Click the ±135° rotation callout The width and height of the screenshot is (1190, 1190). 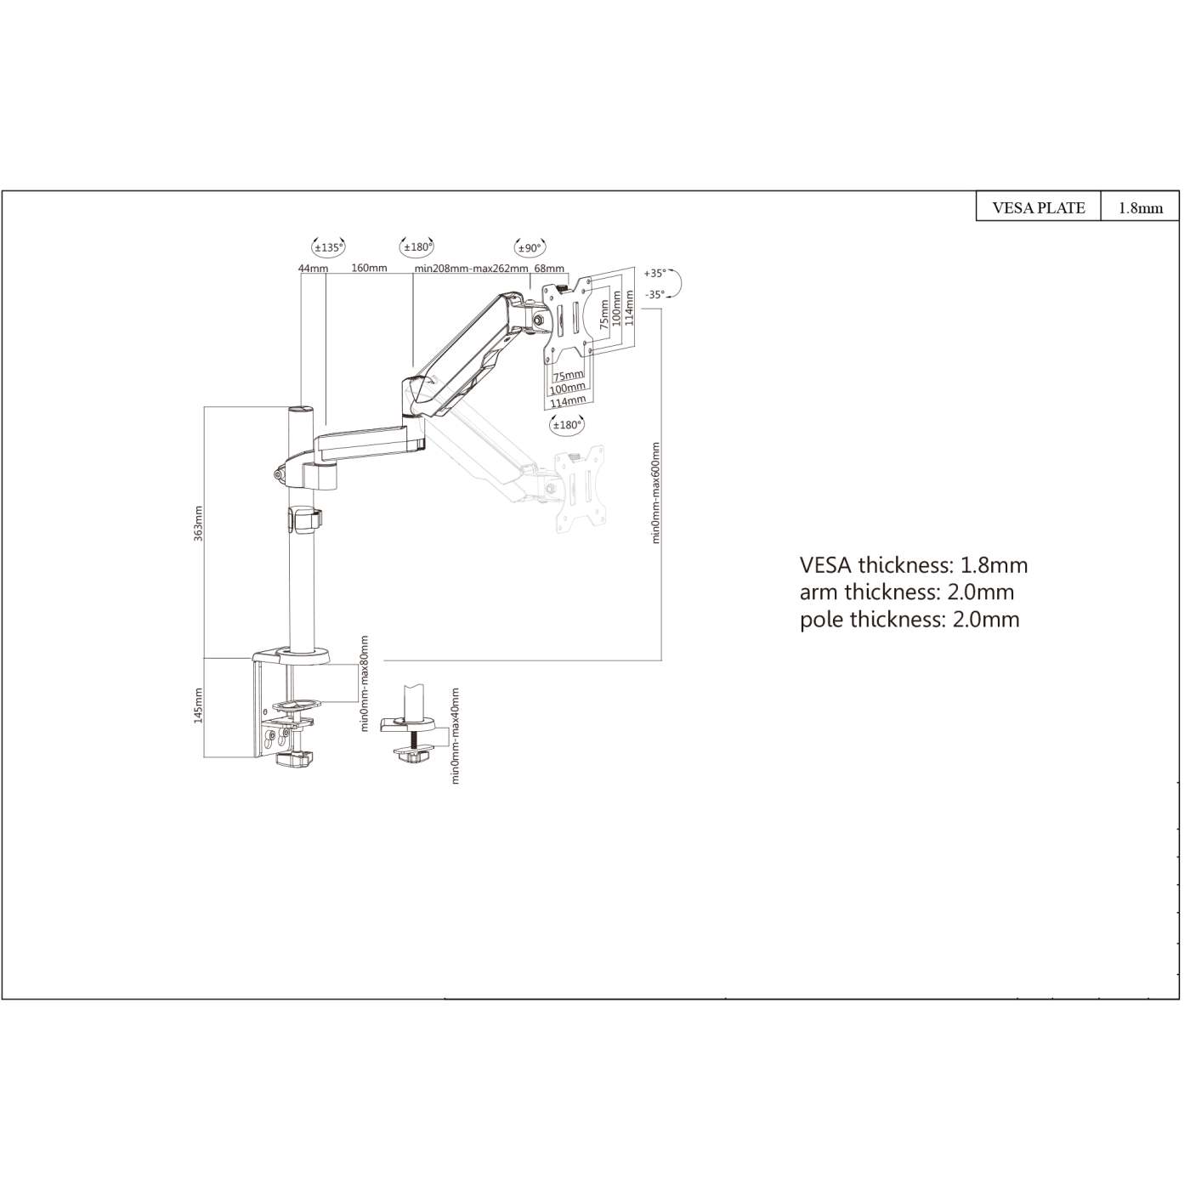point(329,248)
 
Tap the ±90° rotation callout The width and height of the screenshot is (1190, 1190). point(530,248)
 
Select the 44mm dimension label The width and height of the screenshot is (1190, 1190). point(313,269)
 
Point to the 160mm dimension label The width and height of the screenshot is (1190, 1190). point(369,269)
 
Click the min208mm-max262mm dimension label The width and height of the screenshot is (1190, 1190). point(471,269)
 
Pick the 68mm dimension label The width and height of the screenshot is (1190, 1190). point(549,269)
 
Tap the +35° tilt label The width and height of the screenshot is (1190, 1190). point(654,274)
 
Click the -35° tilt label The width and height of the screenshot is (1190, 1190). point(654,295)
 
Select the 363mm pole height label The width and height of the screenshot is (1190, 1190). point(198,524)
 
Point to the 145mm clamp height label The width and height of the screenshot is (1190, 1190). point(198,705)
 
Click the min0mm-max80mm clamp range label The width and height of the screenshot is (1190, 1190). point(365,683)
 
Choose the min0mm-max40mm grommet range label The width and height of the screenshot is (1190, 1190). point(456,736)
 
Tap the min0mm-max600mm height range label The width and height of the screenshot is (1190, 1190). point(656,492)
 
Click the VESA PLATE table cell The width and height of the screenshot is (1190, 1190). point(1039,208)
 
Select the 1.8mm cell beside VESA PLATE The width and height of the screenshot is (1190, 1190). point(1140,208)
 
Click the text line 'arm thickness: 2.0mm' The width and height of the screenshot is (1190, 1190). point(906,592)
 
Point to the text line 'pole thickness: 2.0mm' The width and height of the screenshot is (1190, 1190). point(909,620)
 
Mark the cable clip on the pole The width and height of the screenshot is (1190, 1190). point(305,518)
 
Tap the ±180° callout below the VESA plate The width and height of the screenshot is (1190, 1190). point(567,425)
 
